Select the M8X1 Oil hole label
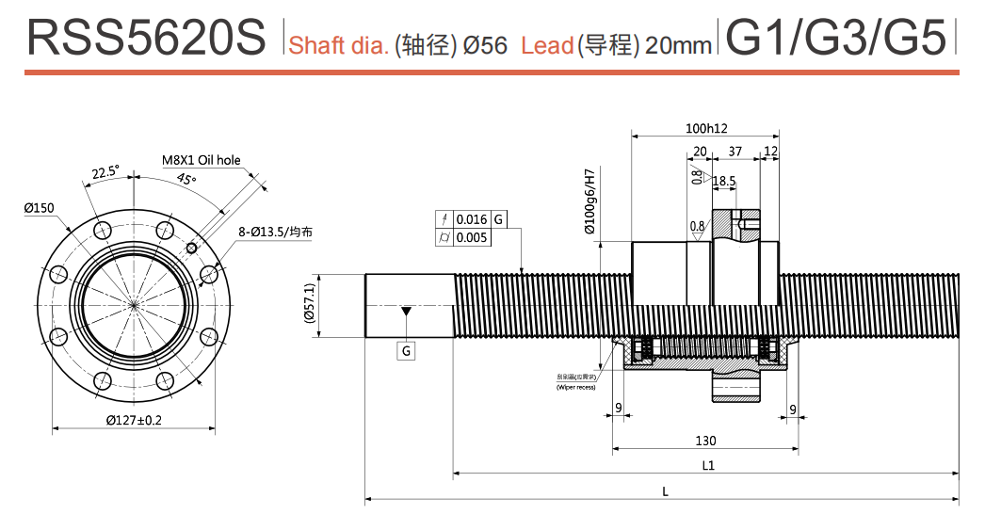[201, 160]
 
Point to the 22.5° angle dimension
[105, 171]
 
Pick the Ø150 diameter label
[39, 208]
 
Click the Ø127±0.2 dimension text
[134, 420]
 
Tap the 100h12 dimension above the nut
[706, 128]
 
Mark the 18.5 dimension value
[724, 180]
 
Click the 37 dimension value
[735, 152]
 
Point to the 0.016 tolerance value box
[472, 219]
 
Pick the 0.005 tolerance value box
[472, 237]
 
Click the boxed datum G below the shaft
[406, 350]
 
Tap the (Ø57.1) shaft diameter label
[308, 304]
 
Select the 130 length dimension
[705, 441]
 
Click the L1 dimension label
[708, 465]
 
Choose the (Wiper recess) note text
[575, 387]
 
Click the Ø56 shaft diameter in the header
[485, 44]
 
